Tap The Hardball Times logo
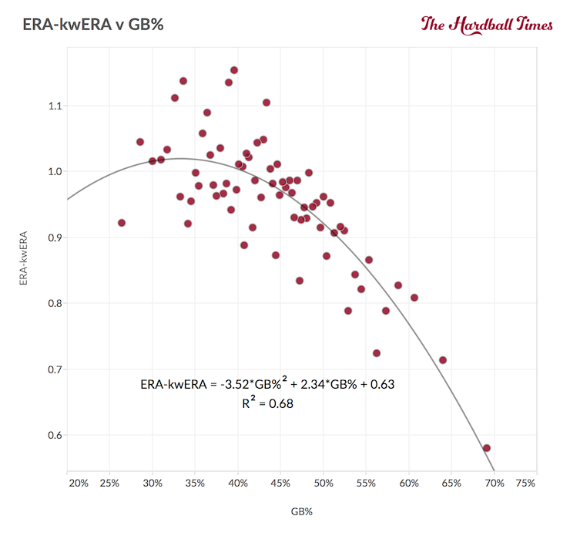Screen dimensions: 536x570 click(x=487, y=24)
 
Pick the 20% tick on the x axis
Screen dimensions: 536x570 click(x=78, y=484)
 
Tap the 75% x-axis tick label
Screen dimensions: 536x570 click(x=525, y=484)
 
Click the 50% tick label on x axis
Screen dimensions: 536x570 click(x=324, y=484)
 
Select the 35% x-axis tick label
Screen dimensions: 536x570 click(x=196, y=484)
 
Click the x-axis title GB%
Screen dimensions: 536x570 click(x=301, y=511)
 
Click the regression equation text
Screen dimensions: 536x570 click(x=268, y=383)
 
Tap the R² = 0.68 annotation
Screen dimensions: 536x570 click(x=267, y=402)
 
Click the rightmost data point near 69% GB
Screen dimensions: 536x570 click(x=487, y=448)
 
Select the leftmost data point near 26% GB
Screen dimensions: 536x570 click(x=122, y=223)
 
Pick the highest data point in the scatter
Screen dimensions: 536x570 click(x=234, y=70)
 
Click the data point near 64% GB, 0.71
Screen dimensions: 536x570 click(x=443, y=360)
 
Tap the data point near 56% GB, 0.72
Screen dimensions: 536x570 click(x=377, y=353)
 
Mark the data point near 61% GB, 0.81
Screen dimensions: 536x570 click(x=414, y=298)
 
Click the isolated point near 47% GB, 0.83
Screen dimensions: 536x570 click(x=300, y=281)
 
